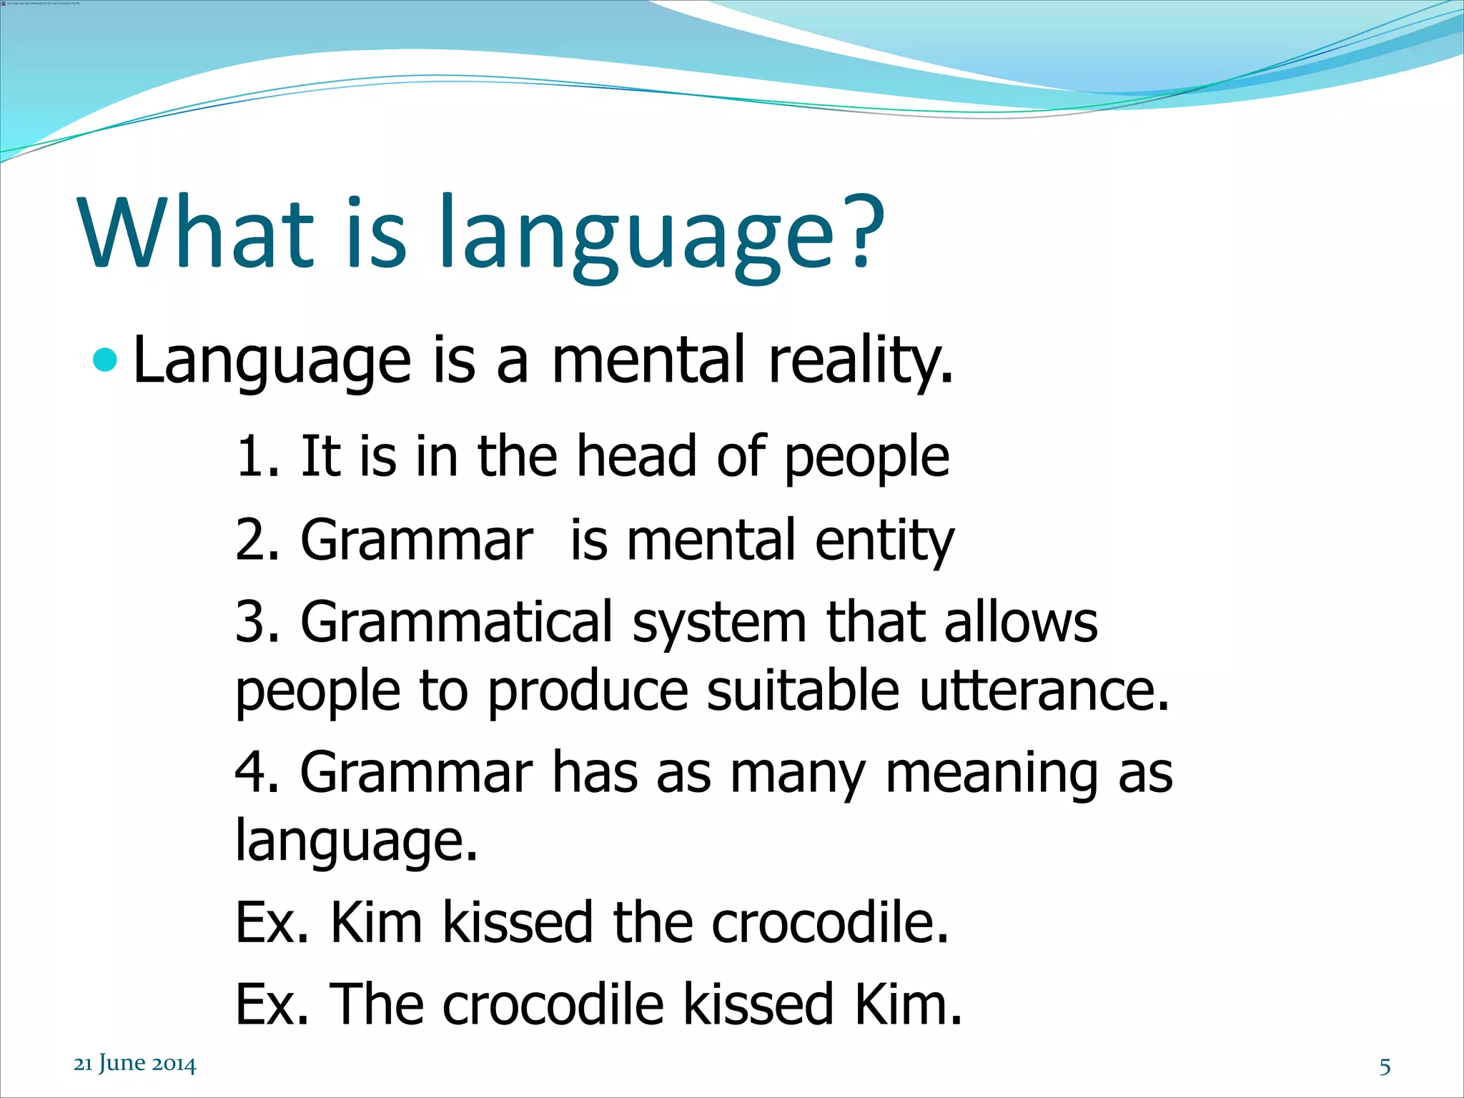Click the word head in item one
[x=636, y=457]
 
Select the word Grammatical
[x=456, y=622]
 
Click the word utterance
[x=1044, y=691]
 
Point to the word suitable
[x=803, y=691]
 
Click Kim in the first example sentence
[x=376, y=923]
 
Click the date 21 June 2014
[x=134, y=1064]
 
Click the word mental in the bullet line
[x=648, y=360]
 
